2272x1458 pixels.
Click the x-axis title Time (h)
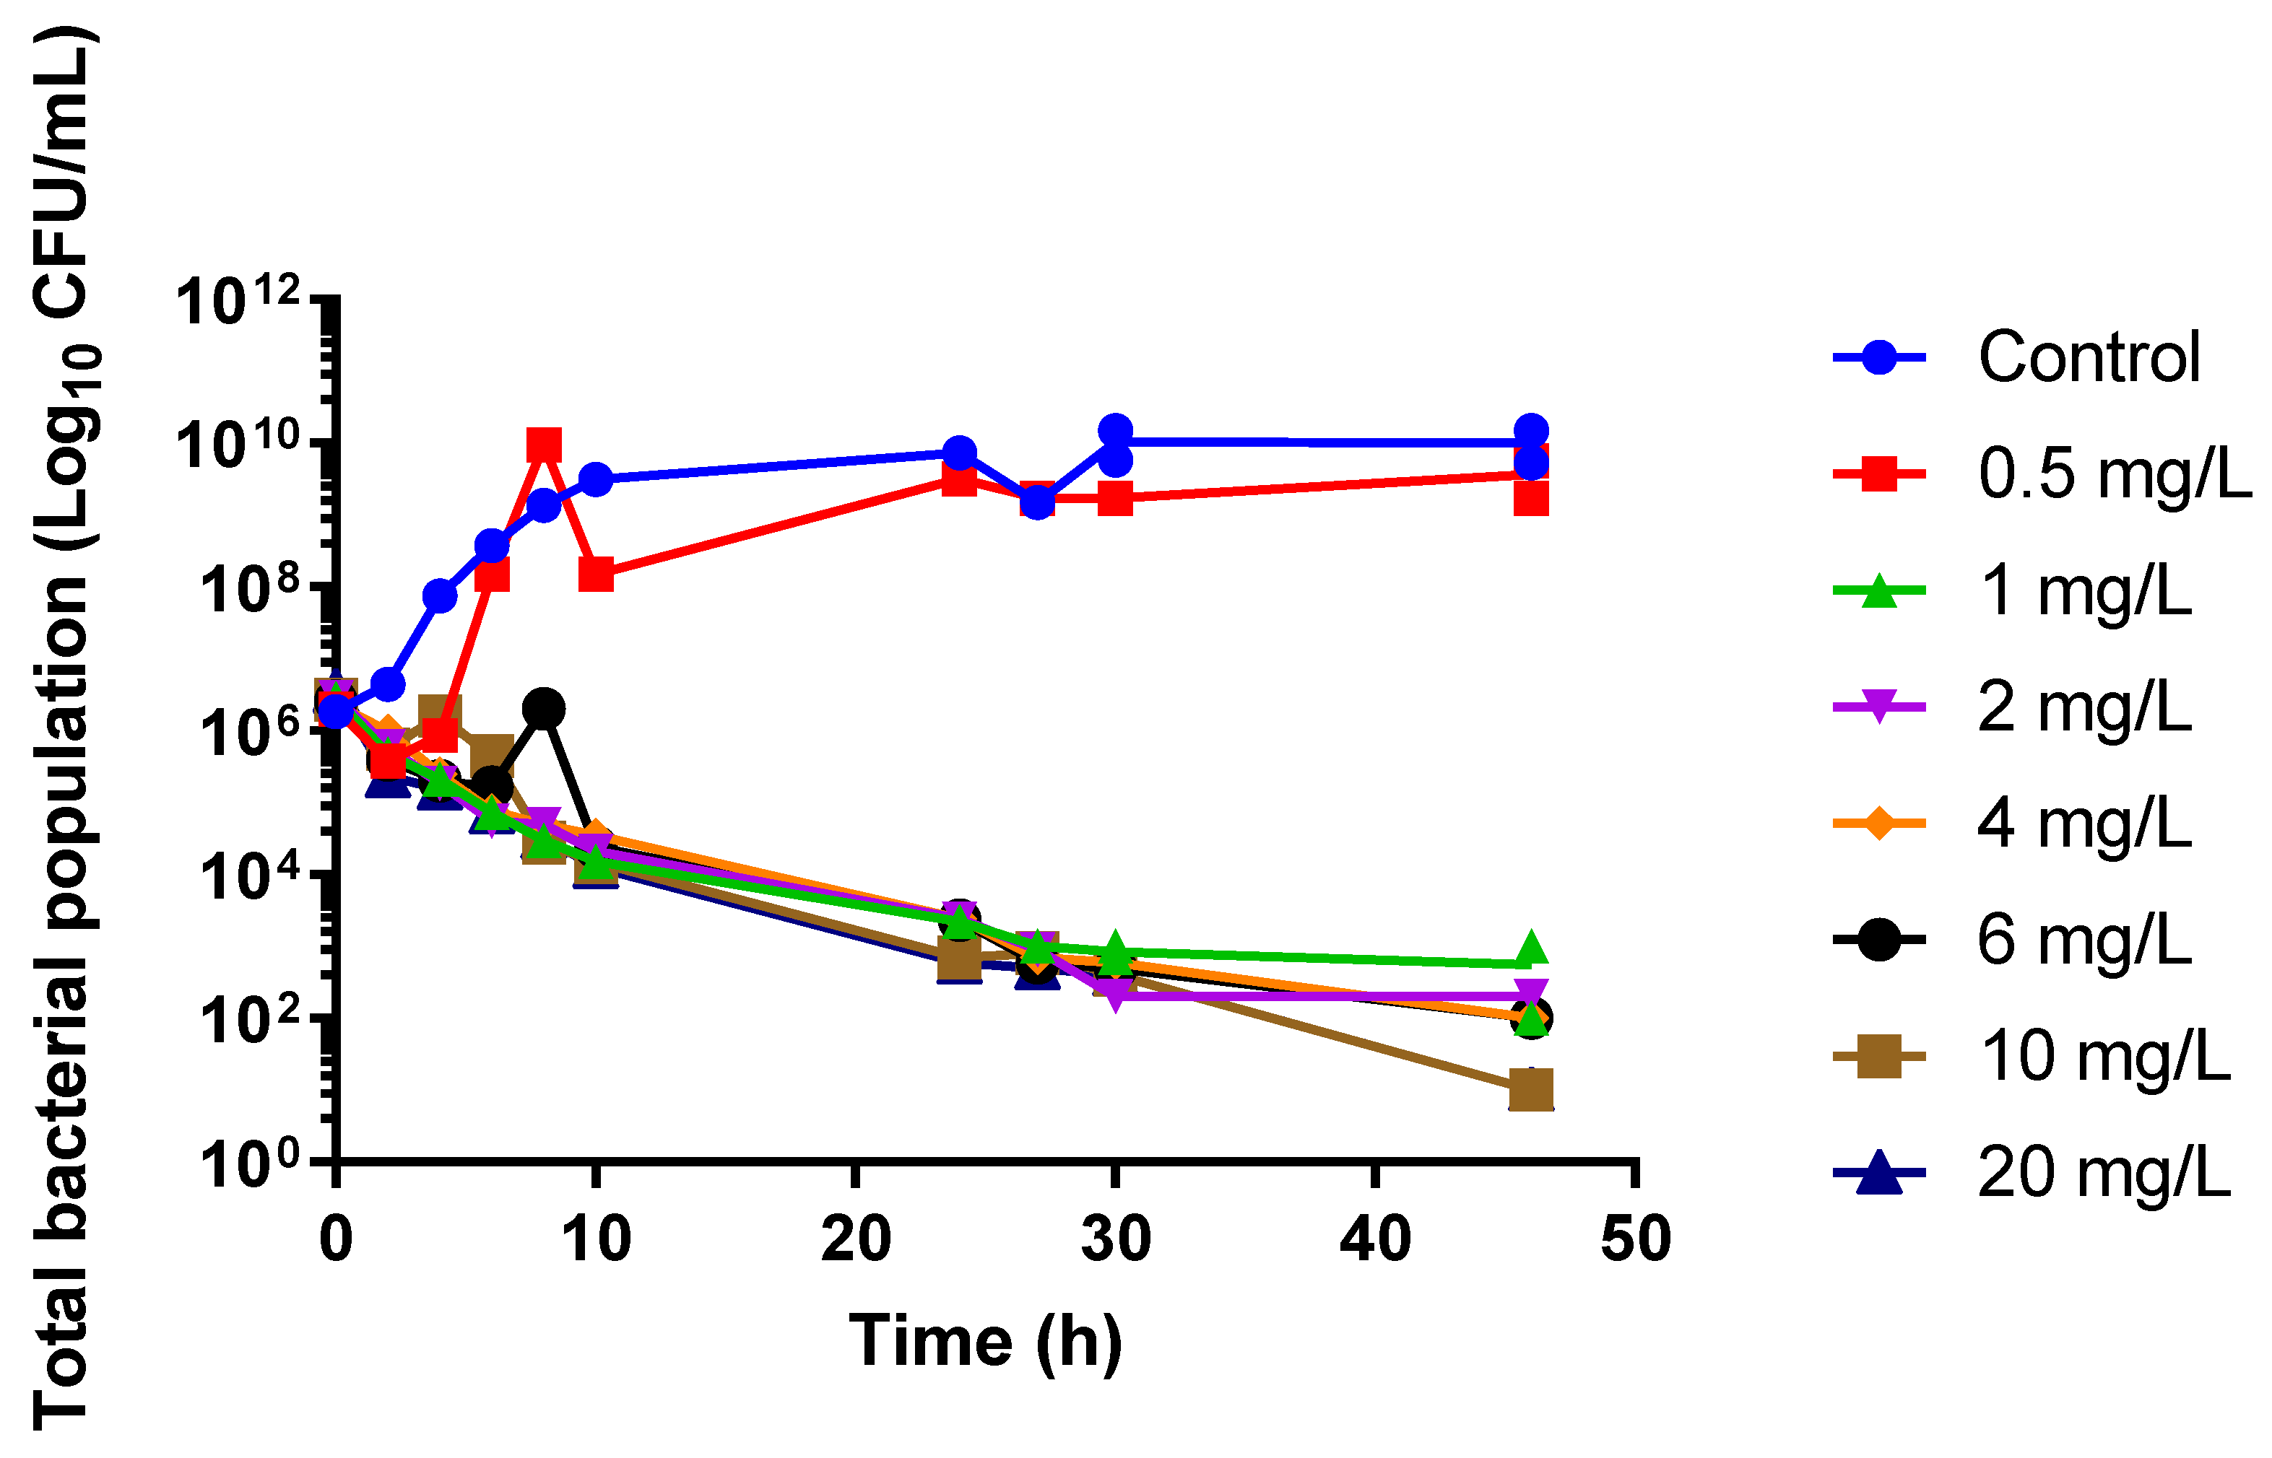click(985, 1342)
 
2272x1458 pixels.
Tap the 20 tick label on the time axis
click(855, 1239)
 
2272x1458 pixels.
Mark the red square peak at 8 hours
click(544, 444)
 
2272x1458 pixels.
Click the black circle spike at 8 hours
click(544, 707)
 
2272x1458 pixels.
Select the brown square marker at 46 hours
click(1530, 1090)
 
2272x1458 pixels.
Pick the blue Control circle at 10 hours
click(596, 479)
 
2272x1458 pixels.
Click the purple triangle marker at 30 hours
click(1116, 996)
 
